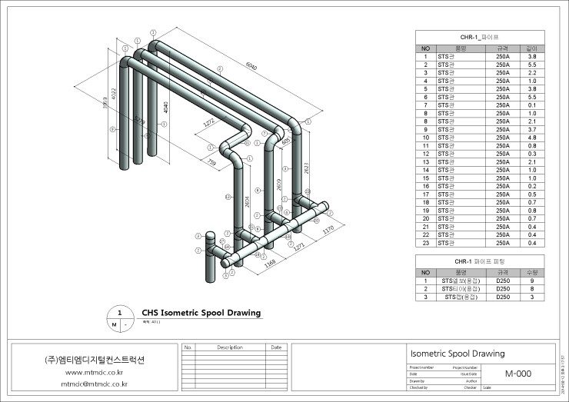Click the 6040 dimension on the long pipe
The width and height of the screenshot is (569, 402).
(251, 67)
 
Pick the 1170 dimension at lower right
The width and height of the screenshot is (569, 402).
(328, 229)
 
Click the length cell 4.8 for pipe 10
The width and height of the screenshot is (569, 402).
(531, 138)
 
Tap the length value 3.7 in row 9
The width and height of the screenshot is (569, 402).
(531, 129)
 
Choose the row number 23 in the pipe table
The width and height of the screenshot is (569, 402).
(425, 243)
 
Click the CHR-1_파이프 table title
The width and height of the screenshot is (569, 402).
(479, 36)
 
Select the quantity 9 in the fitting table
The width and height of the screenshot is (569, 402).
(531, 281)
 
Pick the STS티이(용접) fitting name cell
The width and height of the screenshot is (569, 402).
(461, 288)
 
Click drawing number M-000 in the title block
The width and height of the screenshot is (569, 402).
(519, 374)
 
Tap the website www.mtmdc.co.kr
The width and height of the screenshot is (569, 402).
(96, 372)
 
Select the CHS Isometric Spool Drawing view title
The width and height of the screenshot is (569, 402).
(201, 313)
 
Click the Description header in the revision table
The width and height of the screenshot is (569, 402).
(229, 347)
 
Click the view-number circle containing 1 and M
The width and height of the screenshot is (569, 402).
(118, 318)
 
